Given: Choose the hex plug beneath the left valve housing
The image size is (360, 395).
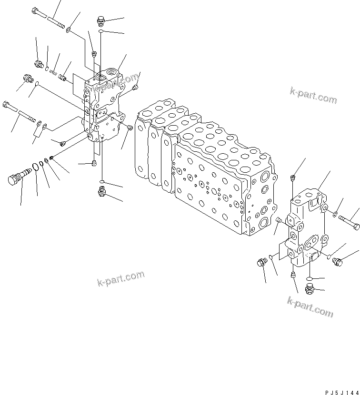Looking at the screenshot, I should coord(101,191).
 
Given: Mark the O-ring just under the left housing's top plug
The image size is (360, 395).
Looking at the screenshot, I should coord(101,31).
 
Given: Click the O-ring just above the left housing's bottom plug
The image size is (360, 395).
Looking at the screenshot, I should coord(102,182).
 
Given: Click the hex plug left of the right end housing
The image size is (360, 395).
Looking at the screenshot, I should coord(261,262).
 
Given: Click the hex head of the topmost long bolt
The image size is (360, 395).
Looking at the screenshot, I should coord(37,11).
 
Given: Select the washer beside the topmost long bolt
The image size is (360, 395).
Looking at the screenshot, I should coord(69,30).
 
